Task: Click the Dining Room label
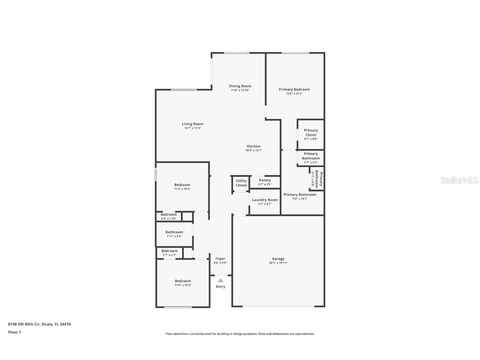(x=240, y=86)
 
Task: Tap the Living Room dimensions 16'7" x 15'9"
(x=192, y=128)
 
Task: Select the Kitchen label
(x=253, y=146)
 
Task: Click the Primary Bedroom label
(x=294, y=89)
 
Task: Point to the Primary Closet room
(x=310, y=134)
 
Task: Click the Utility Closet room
(x=241, y=183)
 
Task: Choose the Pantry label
(x=265, y=180)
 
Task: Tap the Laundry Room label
(x=265, y=200)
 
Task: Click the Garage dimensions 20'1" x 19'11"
(x=278, y=263)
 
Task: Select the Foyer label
(x=220, y=259)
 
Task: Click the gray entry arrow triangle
(x=220, y=280)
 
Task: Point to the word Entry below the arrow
(x=220, y=287)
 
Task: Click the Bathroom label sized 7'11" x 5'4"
(x=174, y=232)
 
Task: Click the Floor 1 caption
(x=14, y=332)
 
